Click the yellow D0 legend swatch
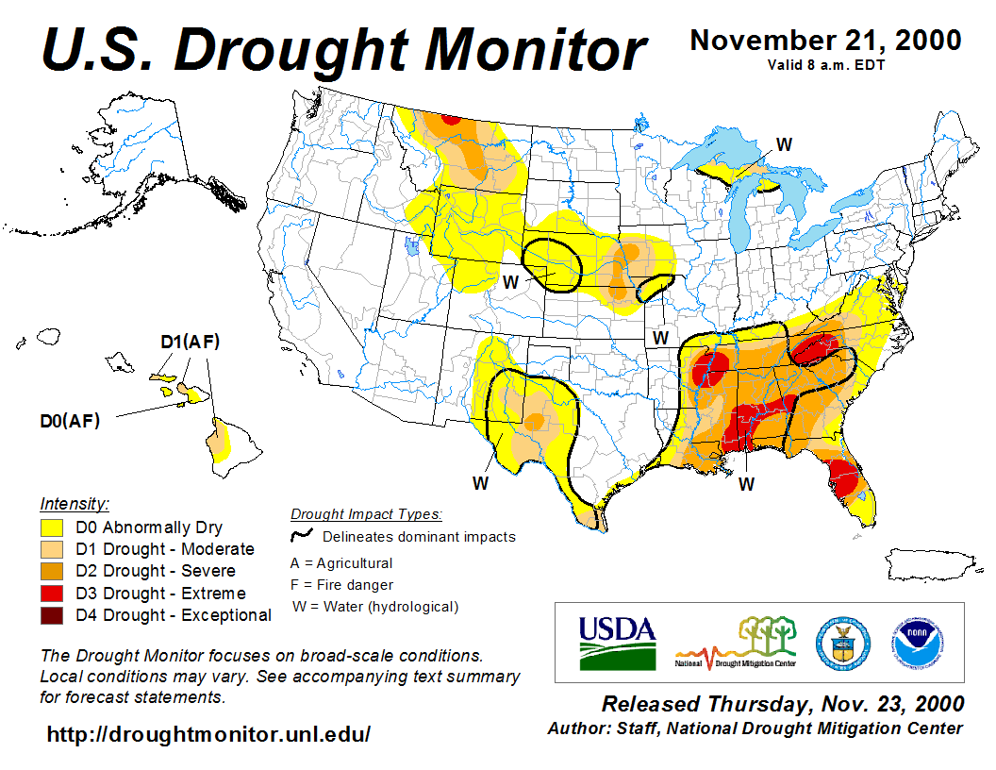coord(51,527)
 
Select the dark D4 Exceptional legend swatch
coord(51,615)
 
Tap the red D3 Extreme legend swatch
coord(51,594)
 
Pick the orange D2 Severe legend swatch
coord(51,571)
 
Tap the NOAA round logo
coord(911,642)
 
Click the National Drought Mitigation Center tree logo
coord(737,642)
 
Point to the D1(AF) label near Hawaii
coord(190,342)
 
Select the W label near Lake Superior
coord(784,144)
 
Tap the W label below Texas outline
coord(481,483)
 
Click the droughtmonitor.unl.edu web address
coord(208,734)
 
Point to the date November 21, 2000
coord(825,41)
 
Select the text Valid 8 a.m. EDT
coord(825,64)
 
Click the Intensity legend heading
coord(75,503)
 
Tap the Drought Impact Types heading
coord(366,514)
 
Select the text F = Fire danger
coord(341,585)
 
